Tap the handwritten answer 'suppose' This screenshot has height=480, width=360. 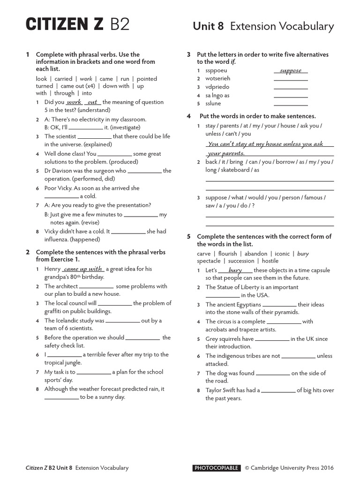(x=291, y=71)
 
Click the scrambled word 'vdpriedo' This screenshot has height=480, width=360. (x=217, y=87)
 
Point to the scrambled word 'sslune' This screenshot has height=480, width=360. (x=213, y=104)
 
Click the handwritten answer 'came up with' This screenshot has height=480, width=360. (x=83, y=269)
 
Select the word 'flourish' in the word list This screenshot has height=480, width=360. (x=228, y=254)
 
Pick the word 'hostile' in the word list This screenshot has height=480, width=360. (x=270, y=261)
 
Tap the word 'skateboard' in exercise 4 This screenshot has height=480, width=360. (x=243, y=170)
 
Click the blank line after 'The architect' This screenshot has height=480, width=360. (x=96, y=287)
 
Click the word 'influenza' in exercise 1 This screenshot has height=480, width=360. (x=59, y=239)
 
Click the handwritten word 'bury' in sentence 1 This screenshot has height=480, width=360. (x=235, y=270)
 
